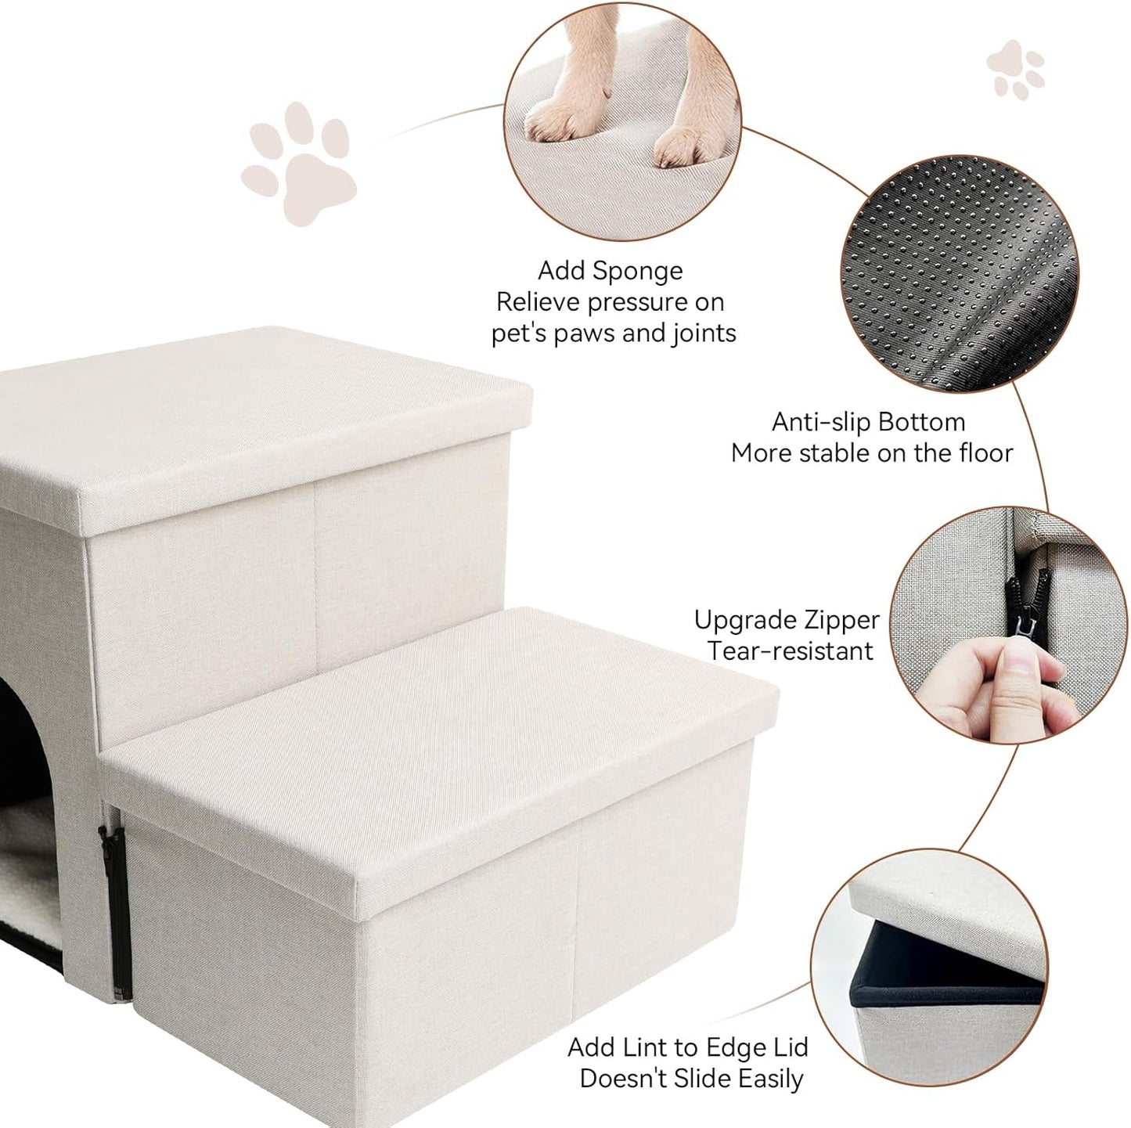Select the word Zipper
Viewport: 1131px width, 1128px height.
coord(841,621)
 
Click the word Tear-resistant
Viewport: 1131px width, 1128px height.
coord(790,651)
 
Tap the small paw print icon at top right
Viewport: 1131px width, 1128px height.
coord(1016,69)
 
